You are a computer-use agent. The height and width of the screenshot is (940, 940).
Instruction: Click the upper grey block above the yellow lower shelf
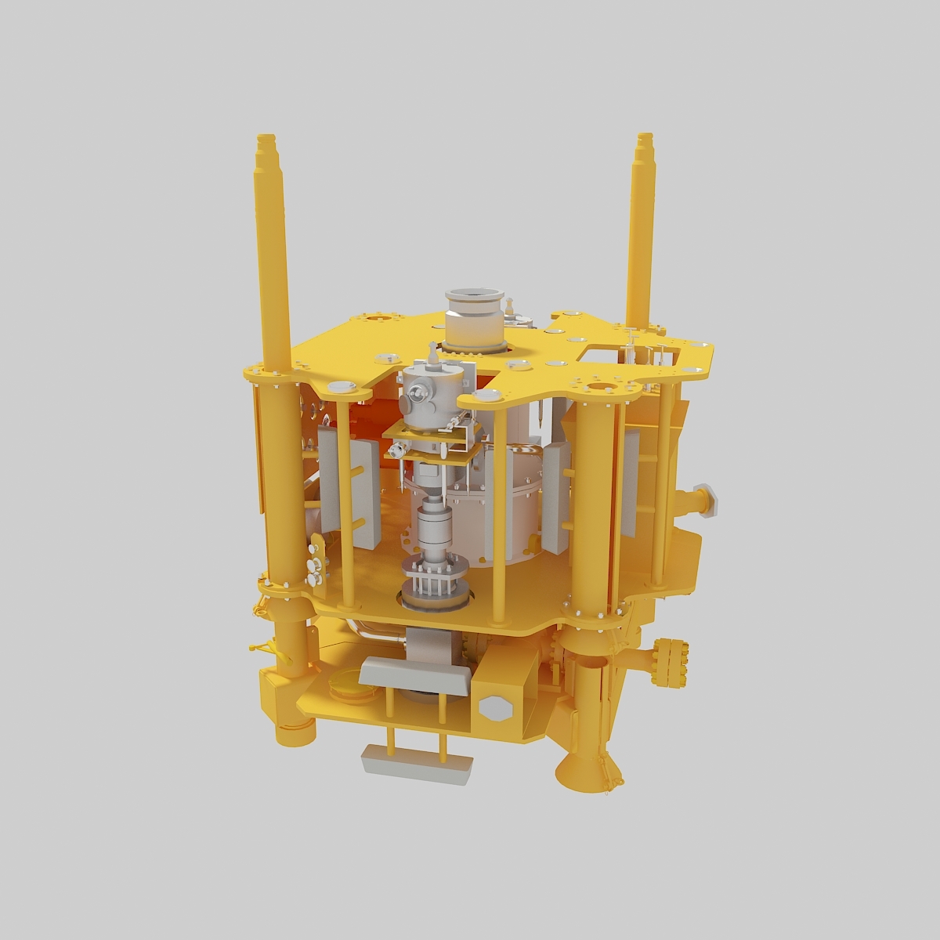point(415,673)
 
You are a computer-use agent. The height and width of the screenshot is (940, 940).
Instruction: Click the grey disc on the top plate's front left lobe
point(342,385)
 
